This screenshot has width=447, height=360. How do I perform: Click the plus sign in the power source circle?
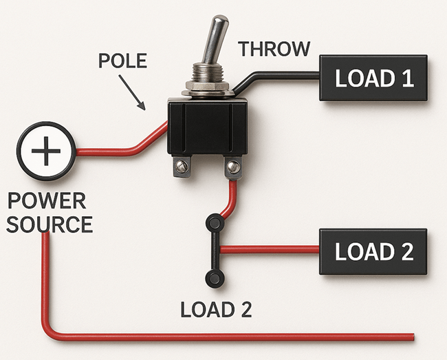pos(46,151)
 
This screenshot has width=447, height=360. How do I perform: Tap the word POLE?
pos(122,61)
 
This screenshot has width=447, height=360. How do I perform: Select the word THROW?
pos(274,49)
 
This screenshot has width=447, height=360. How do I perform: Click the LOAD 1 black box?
pos(373,78)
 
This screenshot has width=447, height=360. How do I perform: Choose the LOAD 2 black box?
pos(373,252)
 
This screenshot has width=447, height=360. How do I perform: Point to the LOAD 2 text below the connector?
pos(216,310)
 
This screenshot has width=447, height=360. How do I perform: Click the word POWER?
pos(47,201)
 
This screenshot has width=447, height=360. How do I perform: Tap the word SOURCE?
pos(50,224)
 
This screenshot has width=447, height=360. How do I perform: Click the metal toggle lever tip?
pos(220,21)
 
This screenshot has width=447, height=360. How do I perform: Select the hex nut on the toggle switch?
pos(207,86)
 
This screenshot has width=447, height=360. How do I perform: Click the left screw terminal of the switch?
pos(182,167)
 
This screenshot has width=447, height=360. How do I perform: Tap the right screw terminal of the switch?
pos(233,167)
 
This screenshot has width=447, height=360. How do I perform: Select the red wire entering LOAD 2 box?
pos(269,250)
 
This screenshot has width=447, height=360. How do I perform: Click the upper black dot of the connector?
pos(215,222)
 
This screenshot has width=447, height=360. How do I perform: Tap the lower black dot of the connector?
pos(215,278)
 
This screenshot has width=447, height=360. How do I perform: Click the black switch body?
pos(207,127)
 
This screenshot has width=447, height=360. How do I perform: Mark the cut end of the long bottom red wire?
pos(413,337)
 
